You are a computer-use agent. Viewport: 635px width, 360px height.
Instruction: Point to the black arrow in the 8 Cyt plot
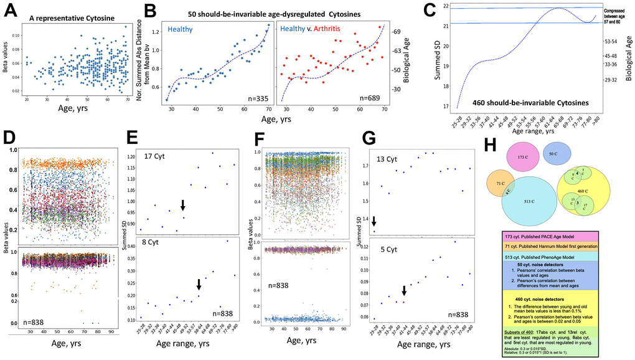pyautogui.click(x=199, y=285)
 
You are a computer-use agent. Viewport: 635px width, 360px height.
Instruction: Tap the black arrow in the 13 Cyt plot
pyautogui.click(x=374, y=221)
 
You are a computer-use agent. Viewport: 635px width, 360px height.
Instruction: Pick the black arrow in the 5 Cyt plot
pyautogui.click(x=404, y=291)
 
